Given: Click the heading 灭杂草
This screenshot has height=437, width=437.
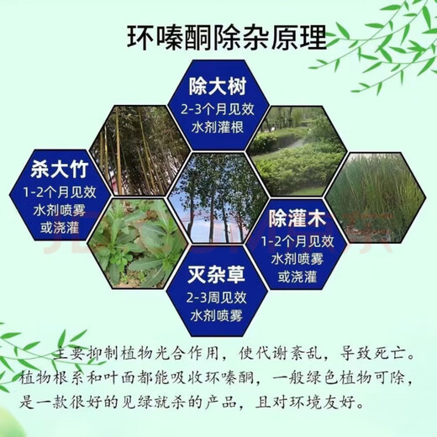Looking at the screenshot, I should point(218,273).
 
